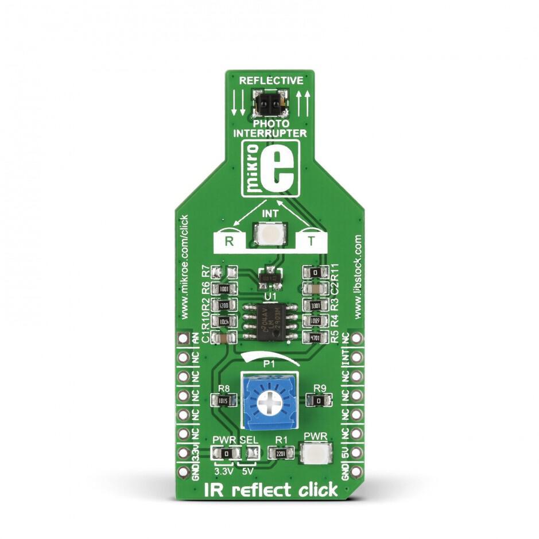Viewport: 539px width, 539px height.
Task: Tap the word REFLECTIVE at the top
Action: pyautogui.click(x=271, y=80)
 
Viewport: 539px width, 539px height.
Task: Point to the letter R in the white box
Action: pyautogui.click(x=229, y=242)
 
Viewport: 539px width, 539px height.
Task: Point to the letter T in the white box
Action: pyautogui.click(x=312, y=242)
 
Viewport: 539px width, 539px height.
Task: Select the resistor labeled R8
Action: pyautogui.click(x=224, y=400)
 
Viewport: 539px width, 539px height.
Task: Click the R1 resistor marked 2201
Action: pyautogui.click(x=281, y=453)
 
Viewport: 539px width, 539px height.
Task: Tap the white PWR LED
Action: pyautogui.click(x=316, y=453)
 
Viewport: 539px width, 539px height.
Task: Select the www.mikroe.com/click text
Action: pyautogui.click(x=184, y=267)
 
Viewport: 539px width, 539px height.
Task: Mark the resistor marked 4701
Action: pyautogui.click(x=313, y=339)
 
